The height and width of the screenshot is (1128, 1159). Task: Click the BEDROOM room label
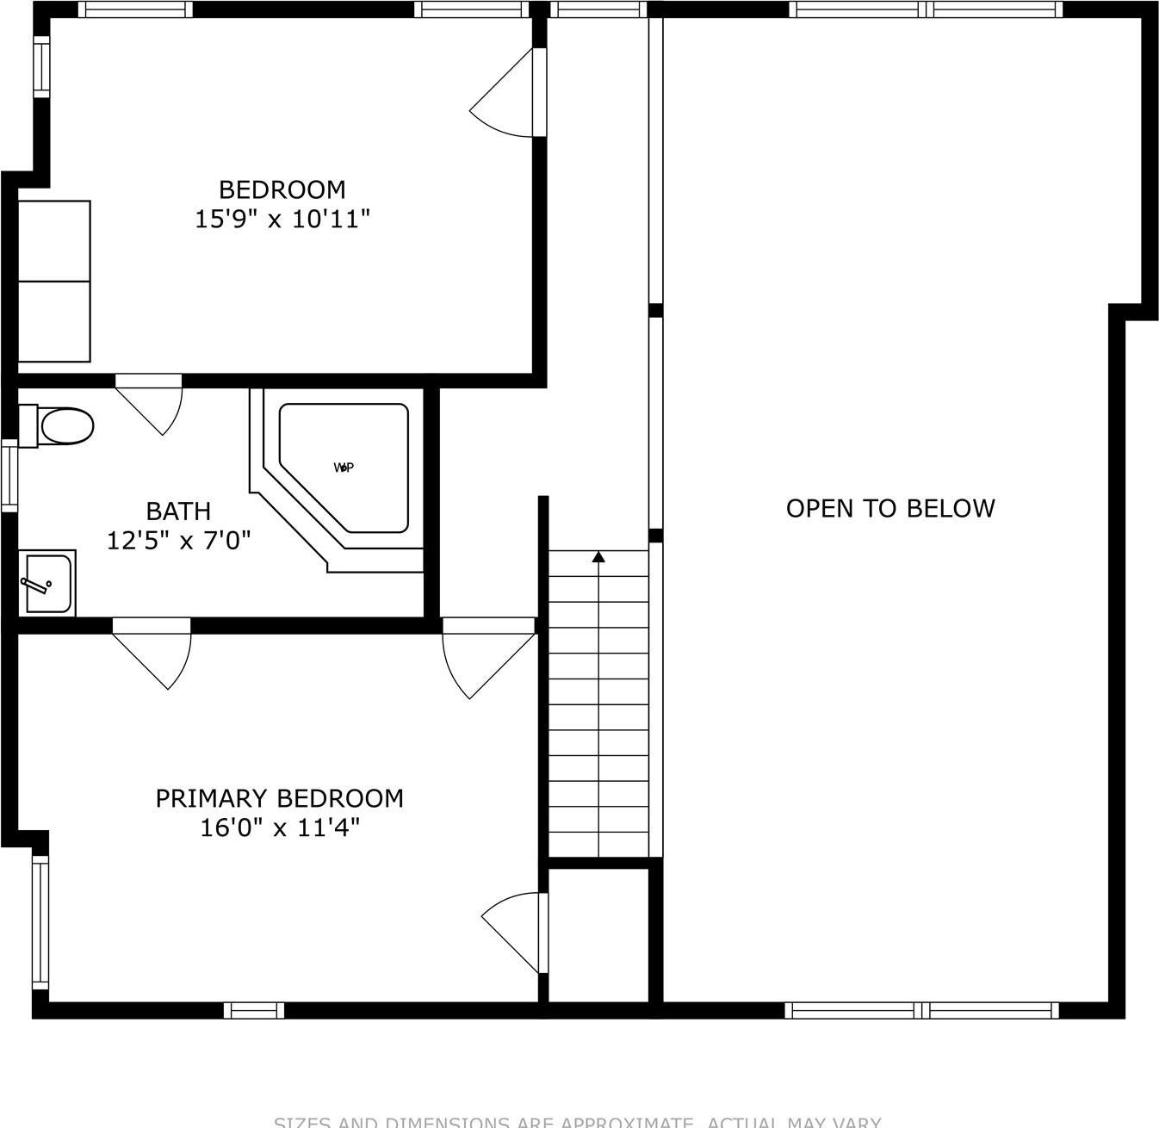tap(282, 189)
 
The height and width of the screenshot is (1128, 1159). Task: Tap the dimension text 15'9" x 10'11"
tap(282, 220)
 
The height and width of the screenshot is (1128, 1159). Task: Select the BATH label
tap(178, 511)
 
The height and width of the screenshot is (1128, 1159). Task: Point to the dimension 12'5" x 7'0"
tap(178, 541)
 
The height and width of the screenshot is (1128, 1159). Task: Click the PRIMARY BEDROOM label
tap(279, 798)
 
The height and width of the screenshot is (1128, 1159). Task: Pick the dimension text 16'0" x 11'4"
tap(279, 828)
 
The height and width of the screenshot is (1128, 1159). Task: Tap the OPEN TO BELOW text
tap(890, 508)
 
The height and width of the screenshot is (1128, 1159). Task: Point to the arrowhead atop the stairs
tap(598, 557)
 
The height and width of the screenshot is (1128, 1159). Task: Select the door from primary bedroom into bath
tap(155, 654)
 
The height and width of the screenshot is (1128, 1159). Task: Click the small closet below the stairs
tap(598, 934)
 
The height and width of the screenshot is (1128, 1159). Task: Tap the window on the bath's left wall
tap(9, 474)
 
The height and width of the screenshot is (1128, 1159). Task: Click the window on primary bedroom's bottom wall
tap(254, 1010)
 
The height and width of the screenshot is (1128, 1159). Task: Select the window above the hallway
tap(598, 9)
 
